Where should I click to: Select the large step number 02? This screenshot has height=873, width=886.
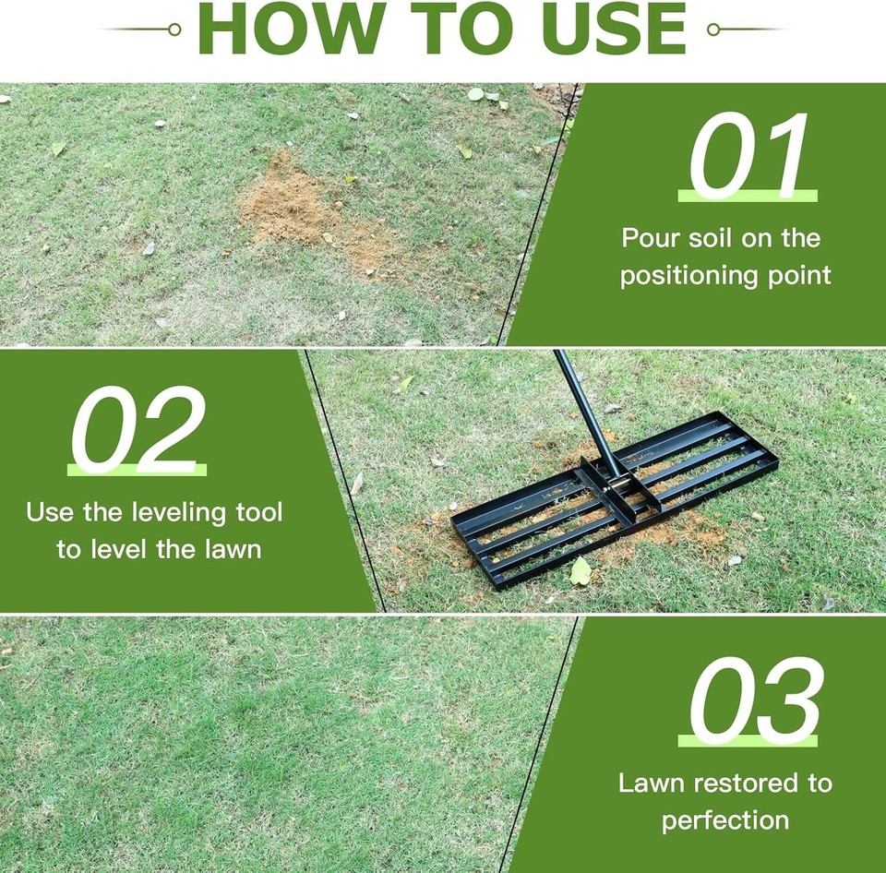click(138, 430)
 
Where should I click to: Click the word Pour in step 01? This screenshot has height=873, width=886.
click(651, 238)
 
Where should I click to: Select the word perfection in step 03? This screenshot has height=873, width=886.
click(725, 820)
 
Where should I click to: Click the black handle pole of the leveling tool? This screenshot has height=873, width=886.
click(587, 407)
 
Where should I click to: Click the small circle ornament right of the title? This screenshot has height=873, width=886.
click(712, 30)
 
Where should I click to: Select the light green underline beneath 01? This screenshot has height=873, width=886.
click(748, 197)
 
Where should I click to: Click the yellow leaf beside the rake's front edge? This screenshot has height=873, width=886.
click(581, 573)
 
